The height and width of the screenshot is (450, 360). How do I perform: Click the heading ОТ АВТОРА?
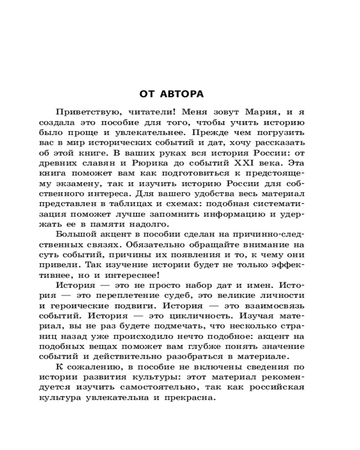[x=171, y=94]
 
